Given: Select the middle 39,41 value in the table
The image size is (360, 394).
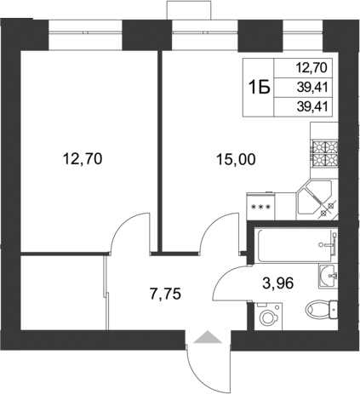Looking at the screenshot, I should coord(311,86).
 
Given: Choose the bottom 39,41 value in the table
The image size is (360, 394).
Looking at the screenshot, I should coord(311,106).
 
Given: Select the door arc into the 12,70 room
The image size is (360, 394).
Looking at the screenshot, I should coord(128,231).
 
